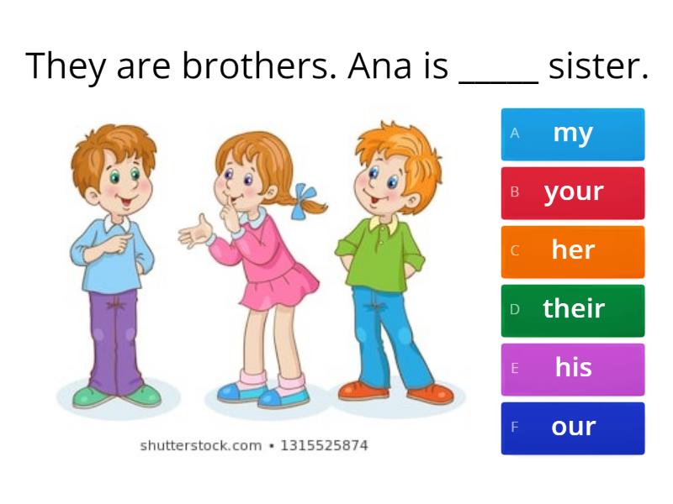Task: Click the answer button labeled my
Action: coord(573,134)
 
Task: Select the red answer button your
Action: coord(573,192)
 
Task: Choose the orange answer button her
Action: coord(573,251)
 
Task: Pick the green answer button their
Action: coord(573,310)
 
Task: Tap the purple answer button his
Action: coord(573,369)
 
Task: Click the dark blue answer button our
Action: coord(573,428)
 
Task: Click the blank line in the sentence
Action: coord(498,81)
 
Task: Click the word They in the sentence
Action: coord(65,66)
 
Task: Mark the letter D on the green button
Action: coord(515,310)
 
